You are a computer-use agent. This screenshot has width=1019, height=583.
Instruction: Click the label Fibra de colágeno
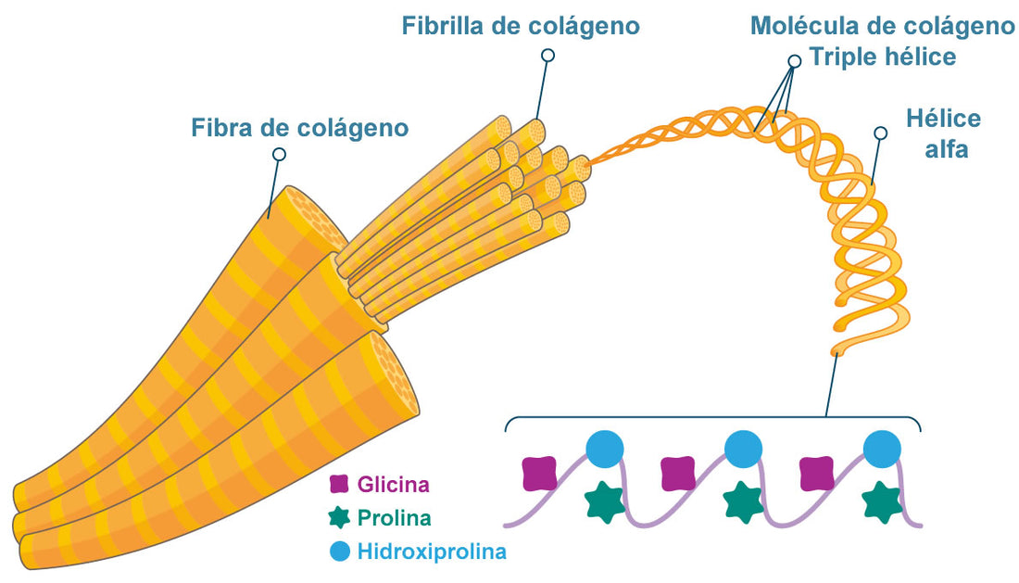[x=299, y=128]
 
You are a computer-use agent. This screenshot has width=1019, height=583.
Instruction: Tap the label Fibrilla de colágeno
[x=520, y=26]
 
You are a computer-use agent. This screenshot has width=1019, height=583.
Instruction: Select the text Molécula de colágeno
[x=882, y=26]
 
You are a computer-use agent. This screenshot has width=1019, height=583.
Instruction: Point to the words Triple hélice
[x=882, y=57]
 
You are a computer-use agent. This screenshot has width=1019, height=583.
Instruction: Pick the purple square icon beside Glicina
[x=340, y=484]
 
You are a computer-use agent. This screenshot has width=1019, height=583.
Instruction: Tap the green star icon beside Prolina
[x=340, y=518]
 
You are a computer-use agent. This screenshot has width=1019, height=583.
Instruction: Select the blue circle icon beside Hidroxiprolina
[x=340, y=552]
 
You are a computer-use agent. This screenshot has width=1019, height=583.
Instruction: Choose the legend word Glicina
[x=394, y=484]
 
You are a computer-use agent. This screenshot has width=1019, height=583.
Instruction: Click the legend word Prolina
[x=394, y=518]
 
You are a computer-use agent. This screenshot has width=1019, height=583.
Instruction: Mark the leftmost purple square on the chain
[x=539, y=473]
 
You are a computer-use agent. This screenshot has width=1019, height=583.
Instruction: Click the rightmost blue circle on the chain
[x=881, y=450]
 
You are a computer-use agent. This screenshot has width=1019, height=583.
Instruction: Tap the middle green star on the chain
[x=742, y=502]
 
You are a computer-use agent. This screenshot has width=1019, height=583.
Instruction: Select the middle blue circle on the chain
[x=743, y=450]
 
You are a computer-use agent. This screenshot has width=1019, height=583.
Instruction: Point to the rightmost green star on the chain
[x=880, y=502]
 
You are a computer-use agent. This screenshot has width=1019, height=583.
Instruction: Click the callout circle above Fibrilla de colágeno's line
[x=547, y=56]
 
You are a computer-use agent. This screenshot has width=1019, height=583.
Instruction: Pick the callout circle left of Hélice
[x=881, y=133]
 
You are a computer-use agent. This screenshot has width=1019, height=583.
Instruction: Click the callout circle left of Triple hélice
[x=794, y=61]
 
